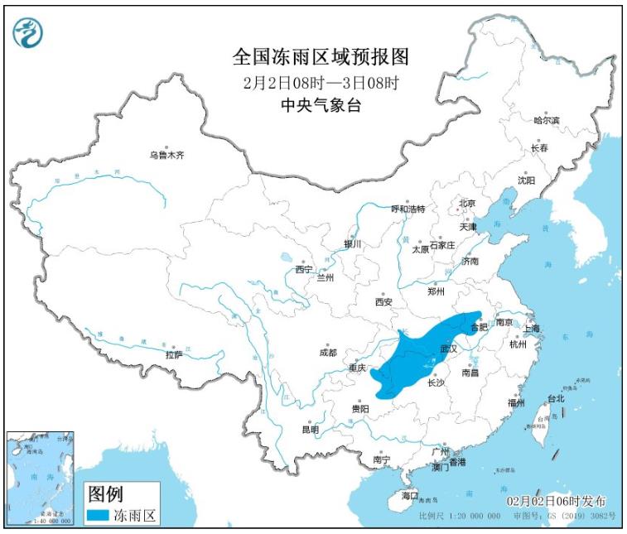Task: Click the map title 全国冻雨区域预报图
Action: click(x=321, y=57)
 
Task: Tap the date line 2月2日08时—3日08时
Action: click(x=321, y=83)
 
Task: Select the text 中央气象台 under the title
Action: click(x=321, y=105)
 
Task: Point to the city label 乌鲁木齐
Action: click(x=166, y=154)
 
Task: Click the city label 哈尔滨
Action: click(x=546, y=121)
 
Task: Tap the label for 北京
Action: click(x=467, y=203)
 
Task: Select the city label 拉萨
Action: click(x=173, y=354)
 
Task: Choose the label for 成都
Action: click(x=328, y=352)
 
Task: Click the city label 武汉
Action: click(x=450, y=349)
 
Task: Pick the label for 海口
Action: click(x=410, y=495)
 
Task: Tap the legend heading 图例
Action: click(x=104, y=494)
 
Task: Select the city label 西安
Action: click(x=383, y=302)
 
